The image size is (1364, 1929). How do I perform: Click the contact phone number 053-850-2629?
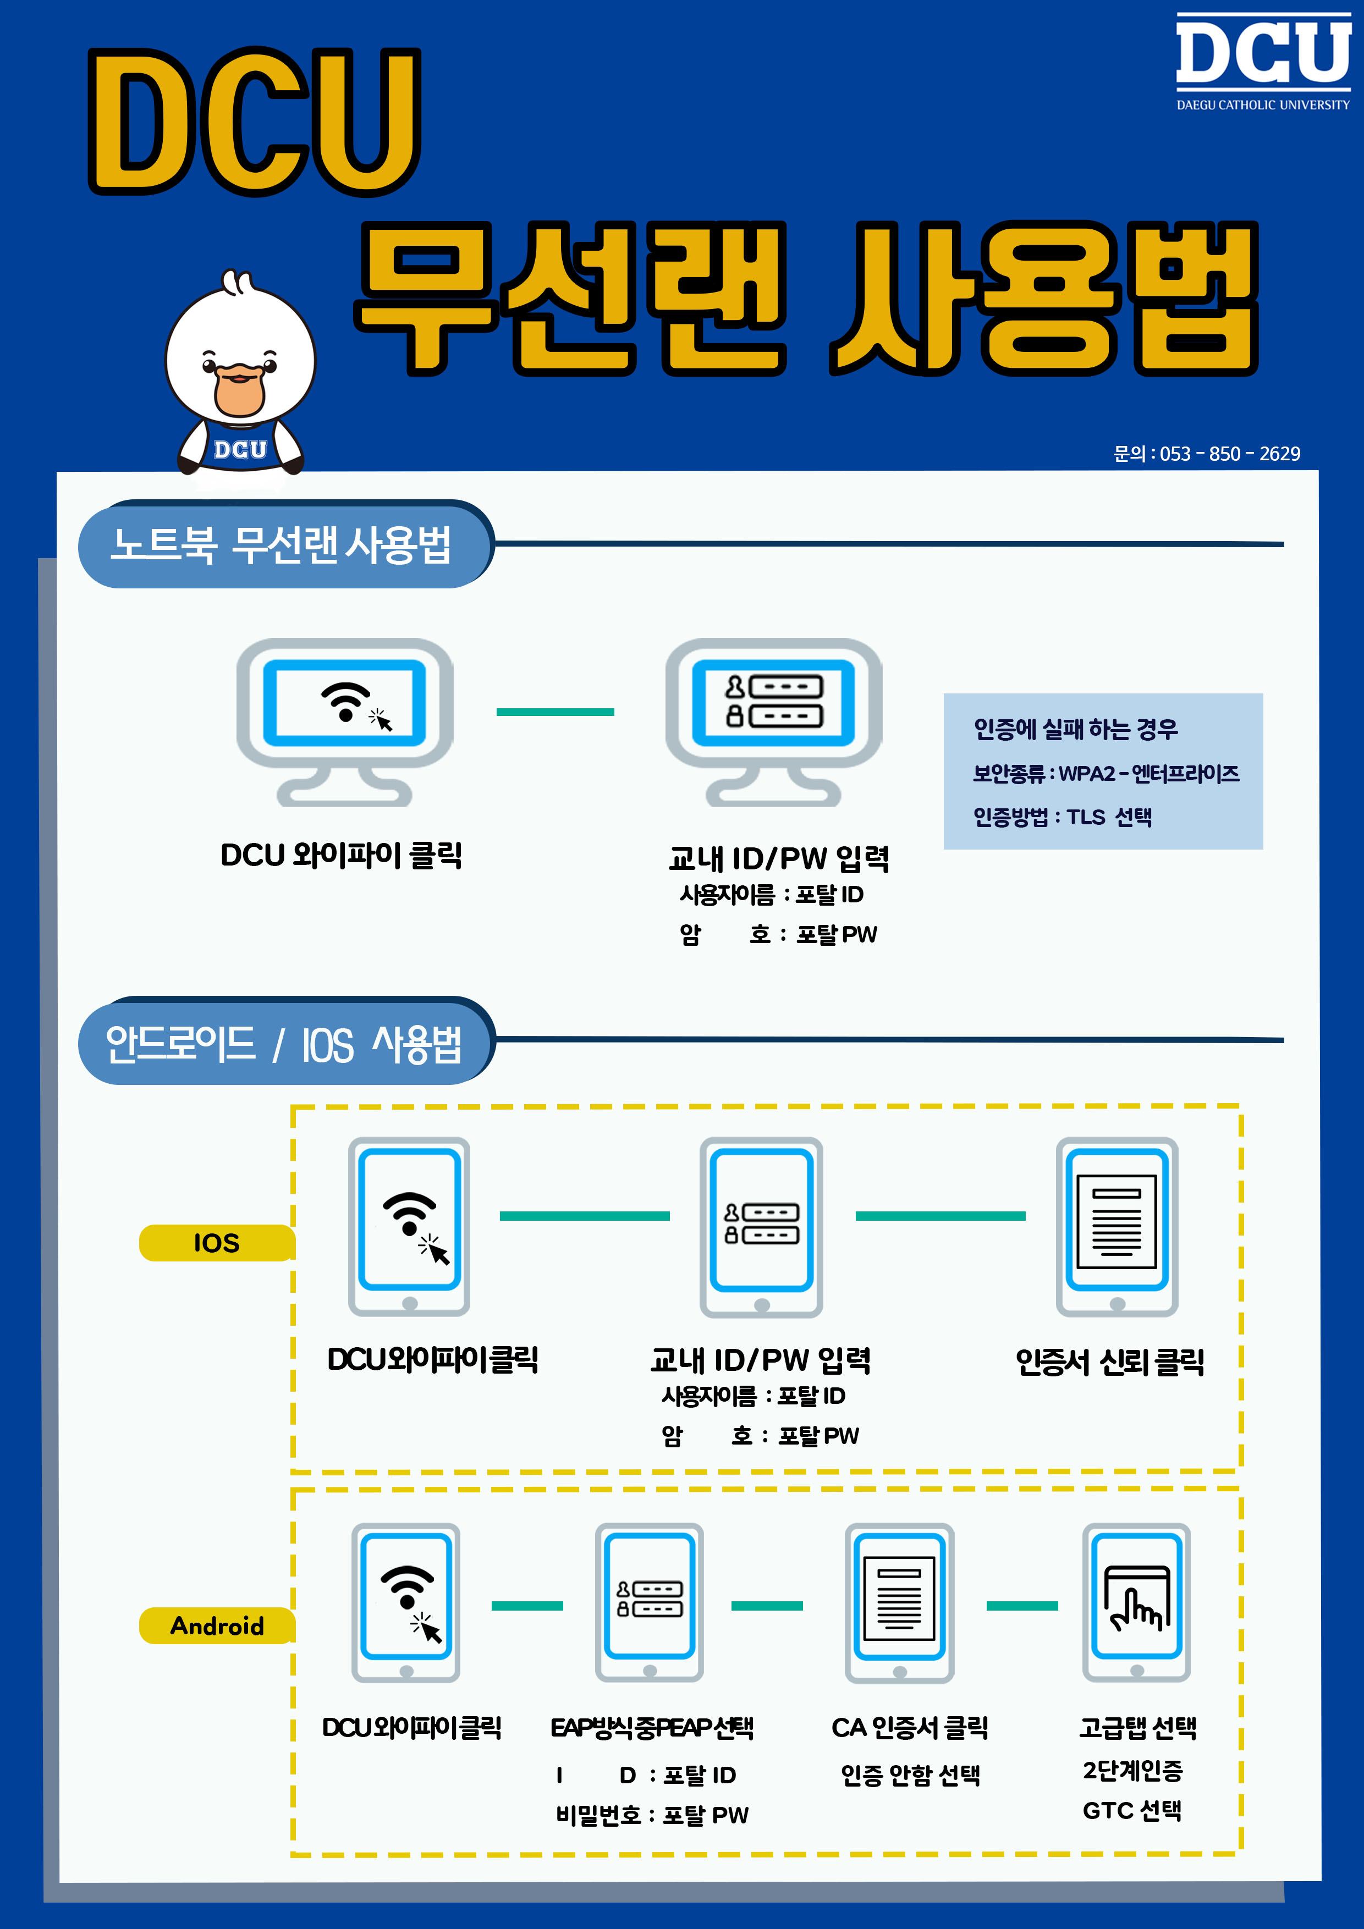(x=1206, y=454)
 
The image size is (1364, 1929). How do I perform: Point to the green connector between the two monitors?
(x=555, y=712)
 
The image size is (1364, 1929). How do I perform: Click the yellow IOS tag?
(x=217, y=1243)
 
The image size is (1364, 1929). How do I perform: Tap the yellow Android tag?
(x=217, y=1625)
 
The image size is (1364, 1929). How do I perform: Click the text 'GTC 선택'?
(x=1131, y=1811)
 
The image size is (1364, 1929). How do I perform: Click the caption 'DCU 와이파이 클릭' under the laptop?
(x=341, y=855)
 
